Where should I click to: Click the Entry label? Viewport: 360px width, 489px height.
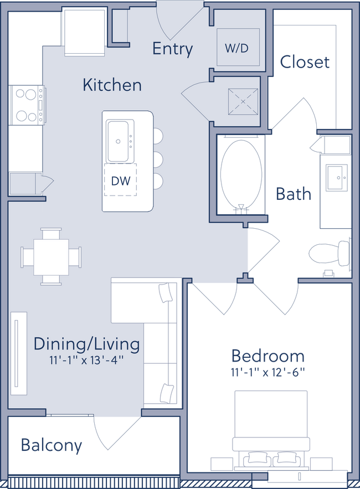coord(172,49)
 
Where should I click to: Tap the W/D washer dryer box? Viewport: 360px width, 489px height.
coord(236,48)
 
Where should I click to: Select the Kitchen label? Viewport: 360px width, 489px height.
coord(112,85)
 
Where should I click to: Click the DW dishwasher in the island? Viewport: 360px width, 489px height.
coord(121,180)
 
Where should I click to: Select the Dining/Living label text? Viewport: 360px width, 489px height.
coord(86,344)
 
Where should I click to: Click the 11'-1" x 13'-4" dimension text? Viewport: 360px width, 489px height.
coord(86,360)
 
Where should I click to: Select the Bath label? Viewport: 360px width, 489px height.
coord(294,194)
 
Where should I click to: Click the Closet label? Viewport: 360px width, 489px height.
coord(305,62)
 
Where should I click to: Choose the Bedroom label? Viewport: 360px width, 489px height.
coord(268,355)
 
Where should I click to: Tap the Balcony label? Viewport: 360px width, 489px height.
coord(52,445)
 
